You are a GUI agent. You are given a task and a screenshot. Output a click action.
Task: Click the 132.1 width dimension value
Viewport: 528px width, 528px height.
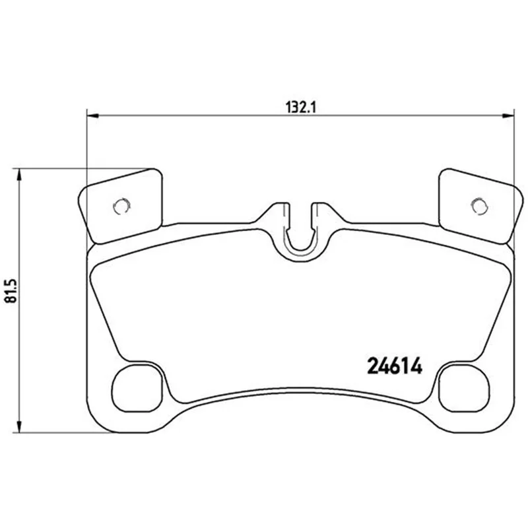[301, 108]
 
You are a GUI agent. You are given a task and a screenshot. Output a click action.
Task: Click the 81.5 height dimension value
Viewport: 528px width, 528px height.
[11, 291]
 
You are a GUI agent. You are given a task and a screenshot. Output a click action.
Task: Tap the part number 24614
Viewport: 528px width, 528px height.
[394, 366]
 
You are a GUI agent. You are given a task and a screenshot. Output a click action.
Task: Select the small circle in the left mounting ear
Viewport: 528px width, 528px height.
[121, 206]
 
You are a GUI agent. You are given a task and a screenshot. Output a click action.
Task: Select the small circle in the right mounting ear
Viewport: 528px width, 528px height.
[479, 206]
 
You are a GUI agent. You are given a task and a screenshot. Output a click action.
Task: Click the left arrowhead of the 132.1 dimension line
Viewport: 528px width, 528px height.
[92, 116]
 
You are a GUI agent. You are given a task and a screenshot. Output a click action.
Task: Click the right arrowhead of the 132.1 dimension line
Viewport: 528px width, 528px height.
[508, 116]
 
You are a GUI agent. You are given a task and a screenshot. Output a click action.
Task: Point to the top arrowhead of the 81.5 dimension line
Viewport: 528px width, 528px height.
[19, 174]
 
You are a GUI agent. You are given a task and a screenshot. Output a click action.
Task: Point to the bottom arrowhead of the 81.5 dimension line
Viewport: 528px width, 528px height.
[19, 426]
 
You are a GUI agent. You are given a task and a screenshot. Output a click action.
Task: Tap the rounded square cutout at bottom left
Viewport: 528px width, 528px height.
[137, 388]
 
